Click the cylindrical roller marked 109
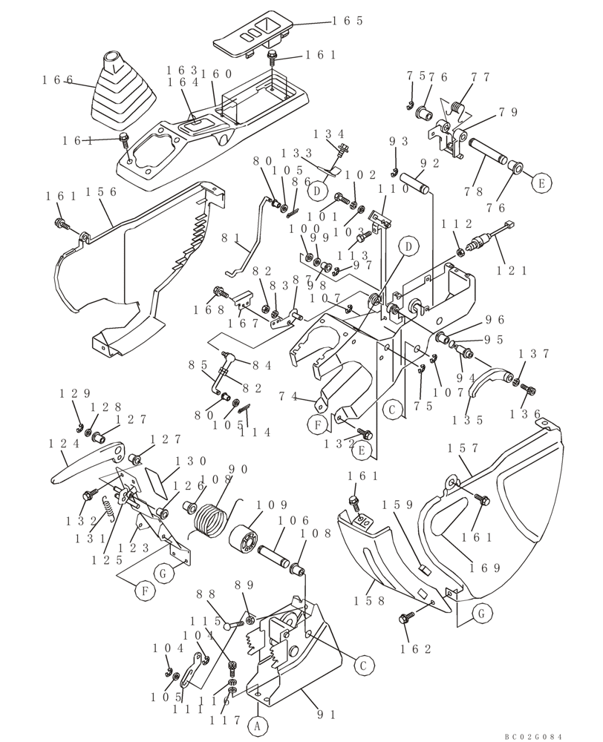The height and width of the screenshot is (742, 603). (x=245, y=538)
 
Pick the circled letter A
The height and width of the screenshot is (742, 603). (x=258, y=727)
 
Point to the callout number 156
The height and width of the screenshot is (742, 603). (x=100, y=191)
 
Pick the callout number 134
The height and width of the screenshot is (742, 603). (x=329, y=134)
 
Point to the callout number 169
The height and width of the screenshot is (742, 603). (x=486, y=568)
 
